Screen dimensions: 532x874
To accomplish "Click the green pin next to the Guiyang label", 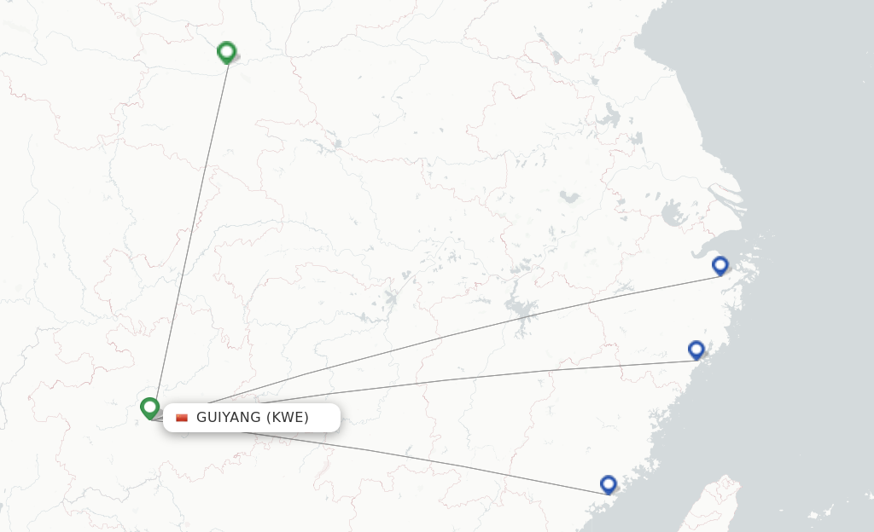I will pyautogui.click(x=150, y=408).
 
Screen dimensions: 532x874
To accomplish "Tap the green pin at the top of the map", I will pyautogui.click(x=226, y=52).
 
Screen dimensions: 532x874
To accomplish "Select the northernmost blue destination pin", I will pyautogui.click(x=720, y=265).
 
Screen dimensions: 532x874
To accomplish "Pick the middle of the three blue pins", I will pyautogui.click(x=696, y=350).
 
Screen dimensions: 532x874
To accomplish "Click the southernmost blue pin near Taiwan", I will pyautogui.click(x=609, y=484).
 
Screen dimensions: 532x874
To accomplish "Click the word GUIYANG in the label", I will pyautogui.click(x=228, y=417).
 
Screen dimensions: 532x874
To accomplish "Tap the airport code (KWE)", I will pyautogui.click(x=288, y=417).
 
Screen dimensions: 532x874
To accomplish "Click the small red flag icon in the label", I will pyautogui.click(x=182, y=418).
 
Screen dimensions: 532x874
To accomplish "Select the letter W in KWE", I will pyautogui.click(x=288, y=417).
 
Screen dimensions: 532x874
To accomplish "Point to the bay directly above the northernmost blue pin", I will pyautogui.click(x=713, y=247).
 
